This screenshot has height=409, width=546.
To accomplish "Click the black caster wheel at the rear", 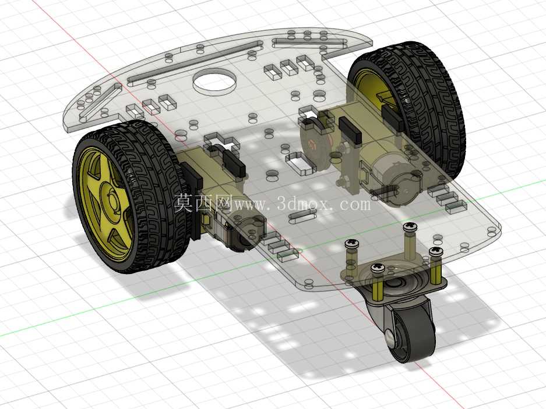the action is click(x=413, y=332).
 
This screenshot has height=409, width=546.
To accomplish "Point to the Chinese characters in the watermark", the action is click(x=203, y=202).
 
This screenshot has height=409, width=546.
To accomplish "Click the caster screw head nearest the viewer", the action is click(x=377, y=268).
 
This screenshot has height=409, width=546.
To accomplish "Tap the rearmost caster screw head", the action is click(x=410, y=227).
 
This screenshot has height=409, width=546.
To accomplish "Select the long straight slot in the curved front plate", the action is click(x=196, y=62).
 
